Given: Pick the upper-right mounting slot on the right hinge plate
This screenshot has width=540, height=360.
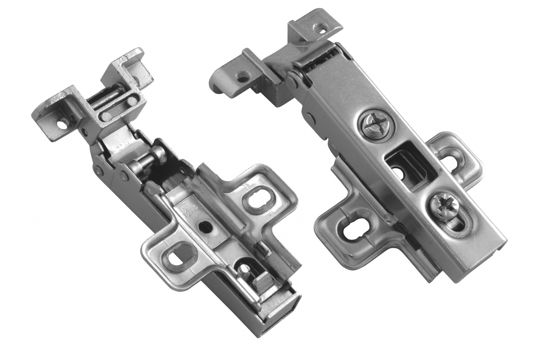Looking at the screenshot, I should [452, 157].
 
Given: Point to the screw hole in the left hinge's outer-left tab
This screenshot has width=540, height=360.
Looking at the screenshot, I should [63, 122].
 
